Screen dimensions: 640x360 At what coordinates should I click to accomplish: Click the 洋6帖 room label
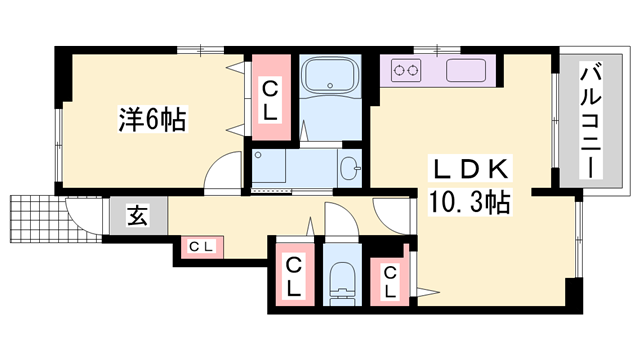coord(152,119)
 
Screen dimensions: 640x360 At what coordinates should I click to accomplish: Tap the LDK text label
coord(469,169)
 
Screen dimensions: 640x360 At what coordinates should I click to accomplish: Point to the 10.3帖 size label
coord(469,202)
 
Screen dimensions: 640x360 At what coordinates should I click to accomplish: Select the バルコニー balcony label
coord(591,121)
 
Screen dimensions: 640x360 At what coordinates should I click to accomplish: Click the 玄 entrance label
coord(137,216)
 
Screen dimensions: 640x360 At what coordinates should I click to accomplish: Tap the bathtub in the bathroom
coord(330,76)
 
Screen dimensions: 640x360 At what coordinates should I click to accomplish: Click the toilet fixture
coord(342,282)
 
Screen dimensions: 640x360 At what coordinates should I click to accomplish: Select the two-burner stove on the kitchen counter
coord(407,71)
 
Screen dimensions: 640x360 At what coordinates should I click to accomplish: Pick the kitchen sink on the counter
coord(466,70)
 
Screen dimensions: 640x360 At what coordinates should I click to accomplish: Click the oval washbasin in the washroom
coord(349,168)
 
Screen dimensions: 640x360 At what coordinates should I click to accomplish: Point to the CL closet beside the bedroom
coord(270,99)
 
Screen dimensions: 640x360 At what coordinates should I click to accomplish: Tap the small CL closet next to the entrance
coord(202,247)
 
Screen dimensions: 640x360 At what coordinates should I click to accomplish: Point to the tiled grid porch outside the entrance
coord(56,219)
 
